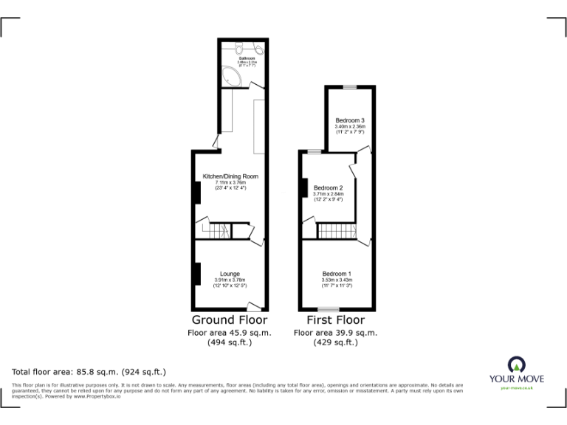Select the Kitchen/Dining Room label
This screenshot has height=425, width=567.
[x=230, y=176]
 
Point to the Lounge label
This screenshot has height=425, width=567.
[x=230, y=274]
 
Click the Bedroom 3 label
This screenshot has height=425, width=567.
[x=350, y=120]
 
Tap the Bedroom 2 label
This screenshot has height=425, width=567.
[x=328, y=188]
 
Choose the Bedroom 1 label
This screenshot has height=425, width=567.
[x=337, y=274]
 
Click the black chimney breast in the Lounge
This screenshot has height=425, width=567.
[x=197, y=273]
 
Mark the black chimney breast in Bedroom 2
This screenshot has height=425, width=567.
[x=303, y=189]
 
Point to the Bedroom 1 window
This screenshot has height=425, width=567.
[x=329, y=308]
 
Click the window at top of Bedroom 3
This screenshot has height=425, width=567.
[x=350, y=87]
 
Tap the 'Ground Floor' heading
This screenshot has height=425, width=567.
[x=230, y=320]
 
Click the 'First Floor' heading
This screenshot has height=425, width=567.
[x=336, y=320]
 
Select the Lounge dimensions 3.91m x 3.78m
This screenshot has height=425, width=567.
[x=230, y=280]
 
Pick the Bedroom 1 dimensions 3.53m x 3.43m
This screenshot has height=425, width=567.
[x=337, y=280]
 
